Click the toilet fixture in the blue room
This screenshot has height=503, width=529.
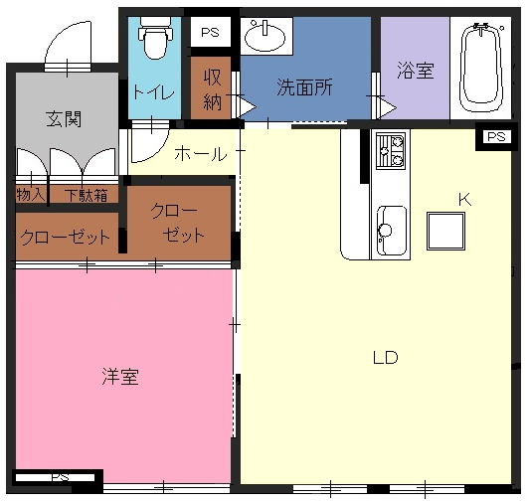coord(155,38)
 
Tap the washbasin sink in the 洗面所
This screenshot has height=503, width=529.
coord(264,36)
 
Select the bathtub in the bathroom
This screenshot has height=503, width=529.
coord(481,67)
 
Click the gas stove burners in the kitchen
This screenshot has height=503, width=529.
coord(391,150)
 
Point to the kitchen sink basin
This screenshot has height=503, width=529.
coord(392,231)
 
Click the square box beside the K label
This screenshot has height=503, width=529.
coord(446,231)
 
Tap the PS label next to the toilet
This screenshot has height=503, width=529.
coord(210,33)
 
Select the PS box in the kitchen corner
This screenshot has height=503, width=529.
coord(496,137)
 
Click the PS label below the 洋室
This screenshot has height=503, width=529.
coord(60,477)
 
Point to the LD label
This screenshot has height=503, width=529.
coord(385,358)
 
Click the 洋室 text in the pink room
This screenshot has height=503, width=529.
coord(120,376)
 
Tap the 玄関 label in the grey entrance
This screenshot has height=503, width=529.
coord(64,119)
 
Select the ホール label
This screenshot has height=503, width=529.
coord(201,154)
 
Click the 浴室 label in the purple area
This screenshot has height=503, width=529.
coord(416,71)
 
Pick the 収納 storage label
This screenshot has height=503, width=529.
coord(212,89)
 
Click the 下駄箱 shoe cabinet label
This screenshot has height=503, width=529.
coord(87,195)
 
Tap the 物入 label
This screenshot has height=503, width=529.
coord(31,194)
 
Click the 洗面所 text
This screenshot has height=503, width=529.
coord(304,87)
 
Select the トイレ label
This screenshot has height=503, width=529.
coord(153,91)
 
